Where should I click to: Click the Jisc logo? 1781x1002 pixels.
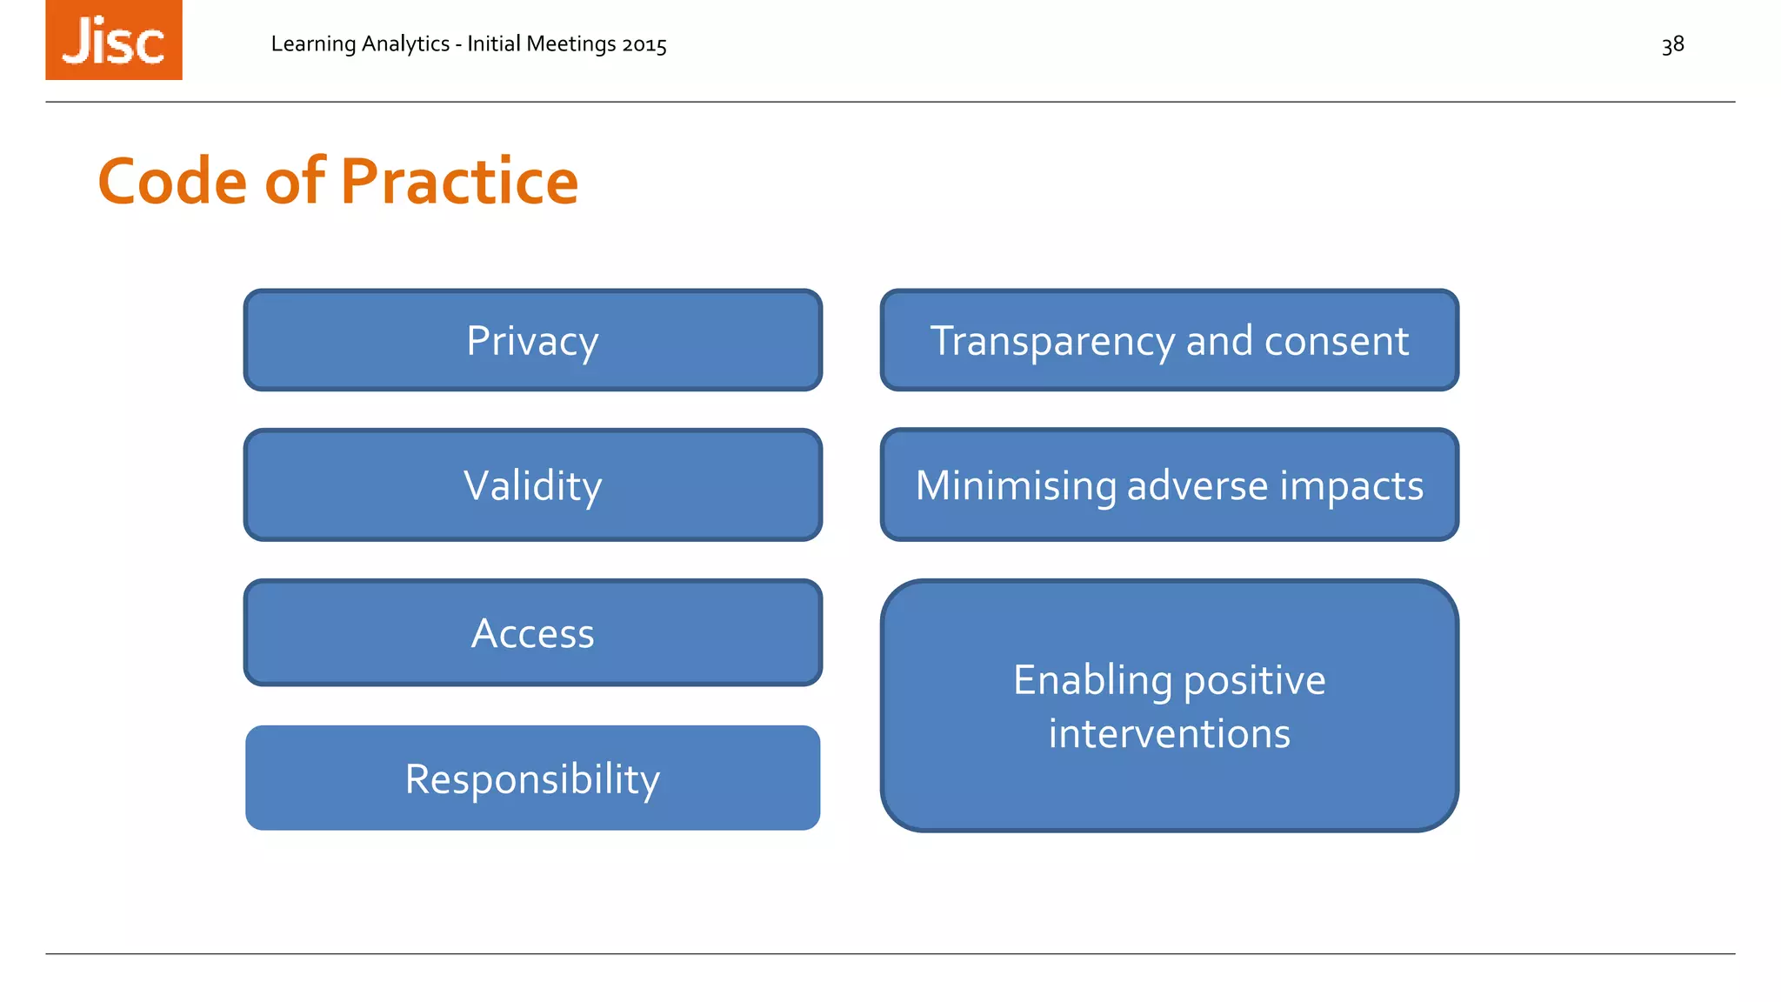pyautogui.click(x=114, y=40)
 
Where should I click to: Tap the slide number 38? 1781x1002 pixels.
pyautogui.click(x=1672, y=44)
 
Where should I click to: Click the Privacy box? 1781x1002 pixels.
pyautogui.click(x=532, y=340)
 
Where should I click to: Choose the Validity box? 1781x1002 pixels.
pyautogui.click(x=532, y=484)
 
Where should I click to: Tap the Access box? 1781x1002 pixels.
pyautogui.click(x=532, y=632)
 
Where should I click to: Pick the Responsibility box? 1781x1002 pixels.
pyautogui.click(x=532, y=778)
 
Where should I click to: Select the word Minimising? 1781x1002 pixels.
pyautogui.click(x=1016, y=485)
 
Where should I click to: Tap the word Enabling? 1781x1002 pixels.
pyautogui.click(x=1092, y=680)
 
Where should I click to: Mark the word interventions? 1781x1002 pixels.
pyautogui.click(x=1169, y=733)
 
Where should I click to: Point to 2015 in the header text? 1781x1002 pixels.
pyautogui.click(x=644, y=44)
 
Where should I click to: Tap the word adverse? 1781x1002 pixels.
pyautogui.click(x=1197, y=485)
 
